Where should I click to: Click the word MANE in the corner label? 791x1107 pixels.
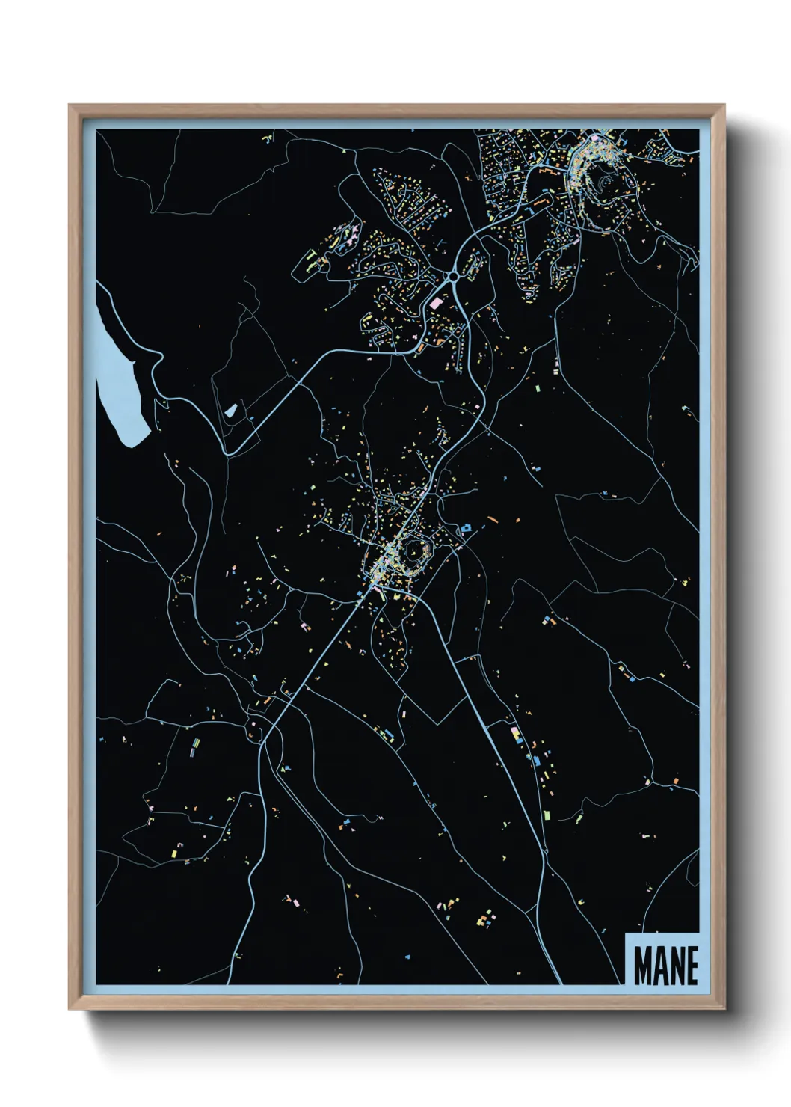coord(665,965)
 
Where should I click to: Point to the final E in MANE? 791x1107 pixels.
coord(692,965)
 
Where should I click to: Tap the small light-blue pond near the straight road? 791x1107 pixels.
coord(231,410)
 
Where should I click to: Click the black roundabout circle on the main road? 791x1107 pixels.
coord(453,277)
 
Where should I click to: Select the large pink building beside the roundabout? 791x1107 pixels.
coord(436,303)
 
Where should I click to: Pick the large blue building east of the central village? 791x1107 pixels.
coord(466,529)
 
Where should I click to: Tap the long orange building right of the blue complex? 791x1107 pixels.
coord(492,518)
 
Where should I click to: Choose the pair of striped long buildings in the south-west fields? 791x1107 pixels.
coord(194,746)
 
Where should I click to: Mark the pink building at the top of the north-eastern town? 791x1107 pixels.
coord(596,138)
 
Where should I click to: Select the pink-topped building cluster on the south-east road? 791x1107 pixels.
coord(514,732)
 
